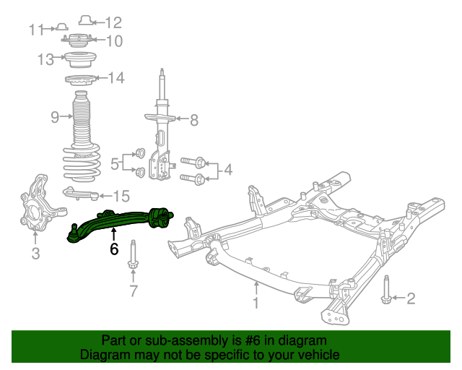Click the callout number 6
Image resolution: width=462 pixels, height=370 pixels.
click(114, 249)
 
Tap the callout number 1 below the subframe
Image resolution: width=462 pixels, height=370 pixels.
click(255, 304)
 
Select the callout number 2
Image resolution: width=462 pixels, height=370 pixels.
click(411, 298)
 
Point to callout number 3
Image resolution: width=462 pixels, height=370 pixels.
click(35, 253)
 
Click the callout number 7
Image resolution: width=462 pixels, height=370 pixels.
click(133, 291)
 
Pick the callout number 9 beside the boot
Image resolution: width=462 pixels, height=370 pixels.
click(55, 117)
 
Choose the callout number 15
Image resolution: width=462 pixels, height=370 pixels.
click(121, 195)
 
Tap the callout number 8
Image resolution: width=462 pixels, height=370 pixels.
click(193, 120)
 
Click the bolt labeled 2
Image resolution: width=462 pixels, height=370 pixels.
click(386, 293)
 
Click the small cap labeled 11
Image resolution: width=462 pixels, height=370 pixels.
click(62, 27)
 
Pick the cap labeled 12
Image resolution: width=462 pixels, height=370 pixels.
click(85, 20)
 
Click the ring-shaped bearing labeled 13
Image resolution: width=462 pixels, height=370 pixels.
click(79, 59)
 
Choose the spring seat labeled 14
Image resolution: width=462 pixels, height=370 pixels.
click(81, 79)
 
